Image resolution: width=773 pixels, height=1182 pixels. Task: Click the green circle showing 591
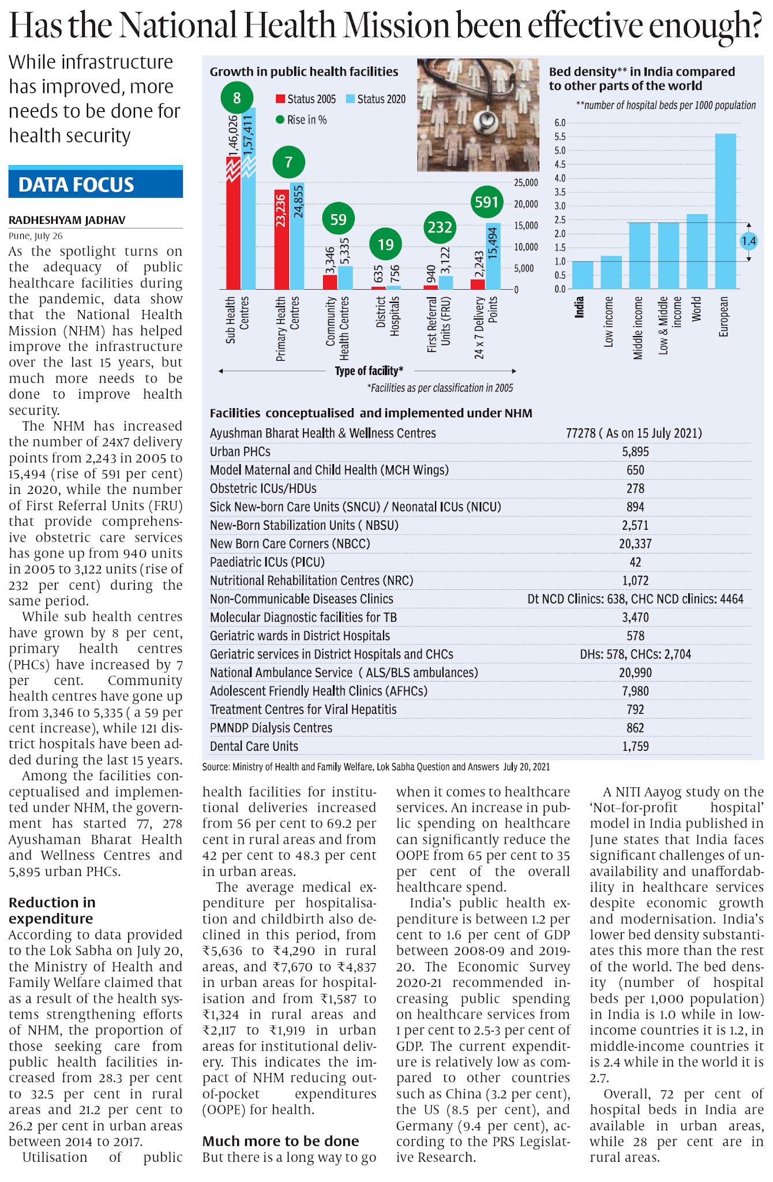point(486,203)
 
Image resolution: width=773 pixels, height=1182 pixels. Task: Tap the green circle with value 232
point(440,227)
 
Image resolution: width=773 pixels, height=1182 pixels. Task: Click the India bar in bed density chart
point(583,275)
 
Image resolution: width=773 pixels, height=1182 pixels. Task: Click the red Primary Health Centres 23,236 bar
point(282,239)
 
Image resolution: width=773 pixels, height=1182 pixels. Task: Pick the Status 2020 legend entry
point(376,99)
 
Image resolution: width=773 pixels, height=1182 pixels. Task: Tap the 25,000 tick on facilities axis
point(526,183)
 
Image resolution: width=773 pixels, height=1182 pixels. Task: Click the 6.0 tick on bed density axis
point(560,123)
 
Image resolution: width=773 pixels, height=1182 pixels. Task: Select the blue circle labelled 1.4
point(748,241)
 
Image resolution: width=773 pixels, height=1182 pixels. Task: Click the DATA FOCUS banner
point(96,184)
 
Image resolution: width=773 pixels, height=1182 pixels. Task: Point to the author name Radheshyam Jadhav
point(67,220)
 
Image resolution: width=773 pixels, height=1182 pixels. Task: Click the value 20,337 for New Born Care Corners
point(635,544)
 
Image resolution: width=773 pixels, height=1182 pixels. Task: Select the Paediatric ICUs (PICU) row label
point(267,562)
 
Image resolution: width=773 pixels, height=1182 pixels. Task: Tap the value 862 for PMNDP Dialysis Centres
point(635,728)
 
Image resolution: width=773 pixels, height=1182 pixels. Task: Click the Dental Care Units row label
point(254,746)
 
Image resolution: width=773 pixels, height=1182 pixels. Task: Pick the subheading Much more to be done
point(280,1141)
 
